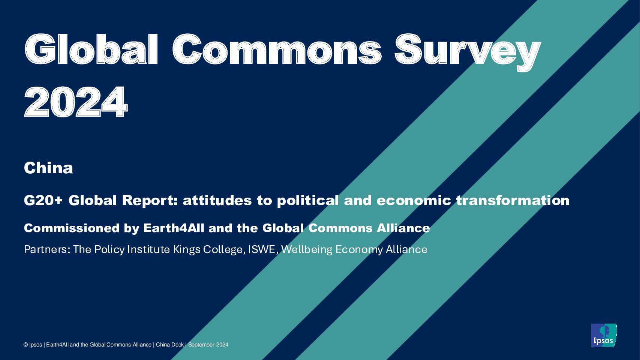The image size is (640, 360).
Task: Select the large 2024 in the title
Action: tap(76, 102)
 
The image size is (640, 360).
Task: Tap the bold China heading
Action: tap(49, 168)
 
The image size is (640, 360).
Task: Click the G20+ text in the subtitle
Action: tap(43, 200)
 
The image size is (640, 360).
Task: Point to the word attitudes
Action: tap(217, 200)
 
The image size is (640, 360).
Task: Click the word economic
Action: tap(414, 200)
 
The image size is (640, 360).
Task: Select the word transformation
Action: tap(513, 200)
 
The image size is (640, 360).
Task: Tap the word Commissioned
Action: tap(72, 228)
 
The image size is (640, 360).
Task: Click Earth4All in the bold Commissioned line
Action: tap(174, 228)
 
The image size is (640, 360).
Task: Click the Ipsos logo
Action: tap(603, 335)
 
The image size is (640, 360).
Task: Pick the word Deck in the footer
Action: tap(177, 345)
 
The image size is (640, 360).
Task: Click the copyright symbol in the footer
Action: tap(26, 345)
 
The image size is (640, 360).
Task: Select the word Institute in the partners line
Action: tap(148, 249)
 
